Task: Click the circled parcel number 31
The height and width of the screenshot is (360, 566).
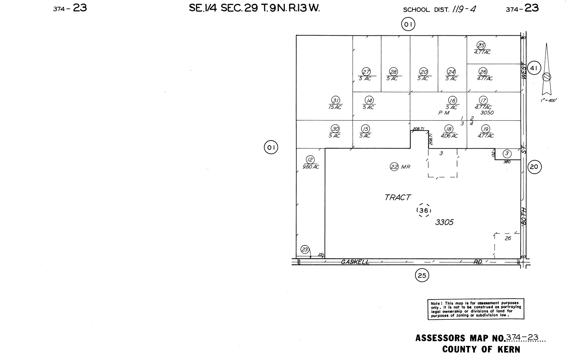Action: coord(336,100)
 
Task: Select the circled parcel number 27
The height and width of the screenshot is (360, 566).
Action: coord(366,71)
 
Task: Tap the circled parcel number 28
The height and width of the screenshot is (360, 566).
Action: coord(393,71)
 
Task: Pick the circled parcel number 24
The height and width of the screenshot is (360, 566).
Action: coord(451,71)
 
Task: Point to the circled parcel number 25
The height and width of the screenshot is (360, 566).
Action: coord(481,45)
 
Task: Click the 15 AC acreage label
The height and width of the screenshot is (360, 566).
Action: coord(335,107)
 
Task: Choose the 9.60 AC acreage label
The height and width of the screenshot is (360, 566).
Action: coord(311,167)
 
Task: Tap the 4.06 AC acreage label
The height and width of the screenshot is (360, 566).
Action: coord(449,136)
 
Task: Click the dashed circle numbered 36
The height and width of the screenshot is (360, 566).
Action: coord(424,211)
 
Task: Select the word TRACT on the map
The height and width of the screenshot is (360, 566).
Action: coord(398,197)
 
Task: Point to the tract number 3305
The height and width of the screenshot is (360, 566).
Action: coord(444,222)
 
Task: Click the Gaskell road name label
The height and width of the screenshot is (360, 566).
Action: coord(355,262)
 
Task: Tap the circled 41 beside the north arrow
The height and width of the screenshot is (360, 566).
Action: coord(534,68)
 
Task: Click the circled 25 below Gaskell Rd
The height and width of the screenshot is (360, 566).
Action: coord(422,275)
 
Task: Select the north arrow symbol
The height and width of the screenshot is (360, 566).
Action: coord(547,71)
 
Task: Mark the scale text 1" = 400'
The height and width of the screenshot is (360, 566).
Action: coord(548,100)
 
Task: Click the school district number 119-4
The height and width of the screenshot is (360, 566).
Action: coord(464,9)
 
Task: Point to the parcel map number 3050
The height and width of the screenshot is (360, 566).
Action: coord(487,113)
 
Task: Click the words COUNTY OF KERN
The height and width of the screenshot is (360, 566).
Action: coord(481,349)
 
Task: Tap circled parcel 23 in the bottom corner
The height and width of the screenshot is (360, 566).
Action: coord(305,250)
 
